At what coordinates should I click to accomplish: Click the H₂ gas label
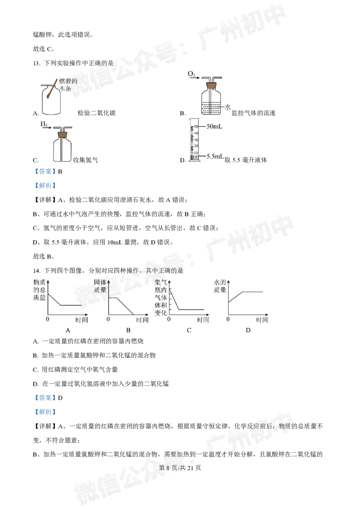click(x=44, y=124)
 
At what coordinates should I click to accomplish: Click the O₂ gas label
click(x=192, y=74)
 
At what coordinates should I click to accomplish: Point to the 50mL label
click(x=215, y=127)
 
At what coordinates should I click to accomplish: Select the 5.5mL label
click(x=215, y=156)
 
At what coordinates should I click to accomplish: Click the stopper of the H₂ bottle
click(x=63, y=133)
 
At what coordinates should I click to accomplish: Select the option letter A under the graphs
click(x=68, y=330)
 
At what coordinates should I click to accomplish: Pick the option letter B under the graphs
click(x=128, y=330)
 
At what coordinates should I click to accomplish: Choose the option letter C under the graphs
click(x=189, y=330)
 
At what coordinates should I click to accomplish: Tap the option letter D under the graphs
click(x=248, y=330)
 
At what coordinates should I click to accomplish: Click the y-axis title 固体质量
click(x=100, y=286)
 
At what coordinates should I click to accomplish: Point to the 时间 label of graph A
click(x=81, y=320)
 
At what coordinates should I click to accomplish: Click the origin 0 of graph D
click(x=228, y=319)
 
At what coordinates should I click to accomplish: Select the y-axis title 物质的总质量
click(x=40, y=290)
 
